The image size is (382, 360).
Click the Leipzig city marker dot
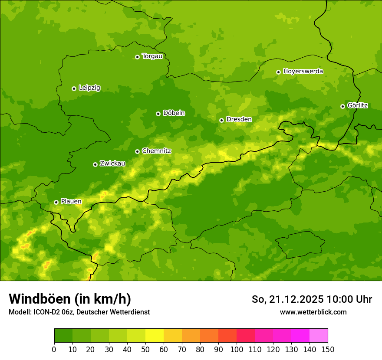pos(74,88)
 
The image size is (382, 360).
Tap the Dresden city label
pos(239,119)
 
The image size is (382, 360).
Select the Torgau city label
pos(152,56)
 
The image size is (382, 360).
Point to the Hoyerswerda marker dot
pos(278,72)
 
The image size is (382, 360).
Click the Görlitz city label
pos(357,105)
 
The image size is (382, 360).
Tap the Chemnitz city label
pos(156,151)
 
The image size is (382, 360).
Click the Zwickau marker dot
pos(95,164)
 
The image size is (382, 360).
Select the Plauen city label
pos(71,201)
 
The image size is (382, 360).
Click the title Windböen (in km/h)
pos(69,299)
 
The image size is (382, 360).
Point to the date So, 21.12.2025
pos(287,299)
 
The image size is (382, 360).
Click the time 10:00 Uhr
pos(349,299)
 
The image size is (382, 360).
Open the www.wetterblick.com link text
pos(313,312)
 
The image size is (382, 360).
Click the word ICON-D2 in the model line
pos(48,312)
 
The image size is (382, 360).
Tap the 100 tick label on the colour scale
pos(237,350)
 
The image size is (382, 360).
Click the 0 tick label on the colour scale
pos(54,350)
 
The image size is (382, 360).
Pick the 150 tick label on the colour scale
pos(328,350)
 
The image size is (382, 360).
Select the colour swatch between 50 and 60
pos(155,336)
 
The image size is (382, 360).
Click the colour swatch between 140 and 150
pos(319,336)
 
